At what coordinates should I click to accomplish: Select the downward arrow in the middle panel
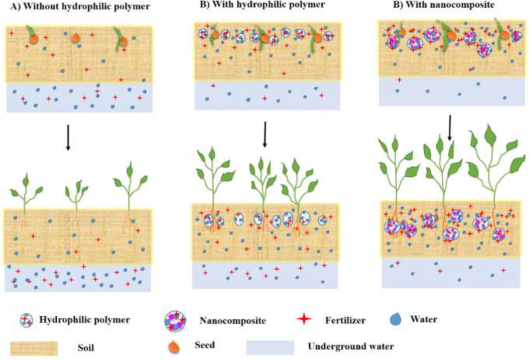pyautogui.click(x=265, y=134)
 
